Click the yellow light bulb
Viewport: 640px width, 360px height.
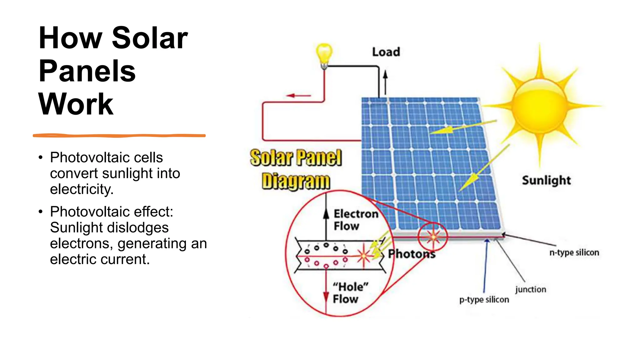click(x=324, y=54)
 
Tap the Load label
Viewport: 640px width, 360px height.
click(x=386, y=52)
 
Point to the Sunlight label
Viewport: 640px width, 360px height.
click(x=546, y=180)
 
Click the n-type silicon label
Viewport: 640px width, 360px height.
click(x=574, y=252)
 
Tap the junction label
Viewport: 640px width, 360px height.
click(x=531, y=289)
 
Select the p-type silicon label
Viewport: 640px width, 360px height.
click(x=484, y=300)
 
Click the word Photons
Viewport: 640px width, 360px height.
click(x=412, y=254)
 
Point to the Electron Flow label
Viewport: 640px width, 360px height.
click(x=356, y=220)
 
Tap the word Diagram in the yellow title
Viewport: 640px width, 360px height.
click(x=296, y=181)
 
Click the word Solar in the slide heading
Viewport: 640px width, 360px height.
click(x=150, y=38)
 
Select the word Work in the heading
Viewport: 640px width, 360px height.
click(x=76, y=104)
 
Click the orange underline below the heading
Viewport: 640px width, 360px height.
click(x=119, y=136)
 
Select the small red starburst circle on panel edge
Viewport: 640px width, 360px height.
click(x=433, y=237)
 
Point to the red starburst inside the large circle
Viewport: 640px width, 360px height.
click(x=364, y=256)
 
